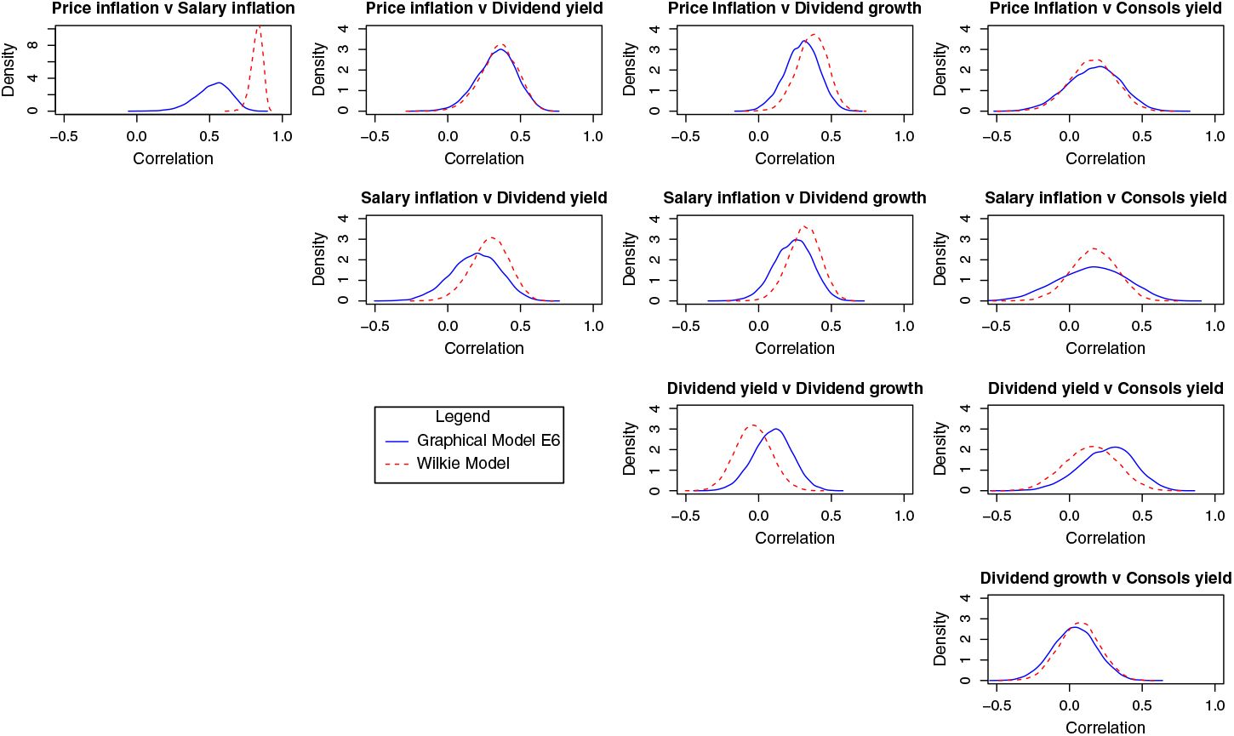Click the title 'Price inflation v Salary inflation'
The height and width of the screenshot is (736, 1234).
(173, 9)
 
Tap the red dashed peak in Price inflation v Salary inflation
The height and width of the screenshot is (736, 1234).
(259, 26)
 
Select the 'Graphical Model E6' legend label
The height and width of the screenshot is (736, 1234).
(488, 440)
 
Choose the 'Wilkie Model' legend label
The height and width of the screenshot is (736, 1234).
(463, 464)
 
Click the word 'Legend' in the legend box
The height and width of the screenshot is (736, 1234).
(462, 417)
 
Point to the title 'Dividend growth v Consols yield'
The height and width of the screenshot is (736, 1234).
(1105, 579)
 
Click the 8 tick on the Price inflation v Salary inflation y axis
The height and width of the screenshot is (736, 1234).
(32, 46)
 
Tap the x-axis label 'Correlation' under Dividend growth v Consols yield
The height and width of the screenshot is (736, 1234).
(1105, 727)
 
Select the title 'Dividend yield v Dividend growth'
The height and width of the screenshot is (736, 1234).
(795, 389)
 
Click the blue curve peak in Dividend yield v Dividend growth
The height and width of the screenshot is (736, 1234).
(775, 429)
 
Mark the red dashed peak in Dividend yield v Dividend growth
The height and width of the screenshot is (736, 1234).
(752, 425)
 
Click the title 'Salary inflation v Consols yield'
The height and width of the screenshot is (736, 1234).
(1105, 198)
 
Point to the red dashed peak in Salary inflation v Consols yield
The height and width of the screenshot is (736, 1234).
(1094, 248)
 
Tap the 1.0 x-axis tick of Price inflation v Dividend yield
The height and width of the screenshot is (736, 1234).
(594, 136)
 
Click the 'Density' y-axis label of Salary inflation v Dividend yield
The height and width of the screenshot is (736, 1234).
(319, 260)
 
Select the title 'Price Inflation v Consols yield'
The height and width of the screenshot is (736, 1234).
(1105, 9)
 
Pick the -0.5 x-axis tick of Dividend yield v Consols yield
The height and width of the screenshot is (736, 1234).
(997, 516)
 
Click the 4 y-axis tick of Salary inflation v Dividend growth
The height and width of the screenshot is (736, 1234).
(654, 219)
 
